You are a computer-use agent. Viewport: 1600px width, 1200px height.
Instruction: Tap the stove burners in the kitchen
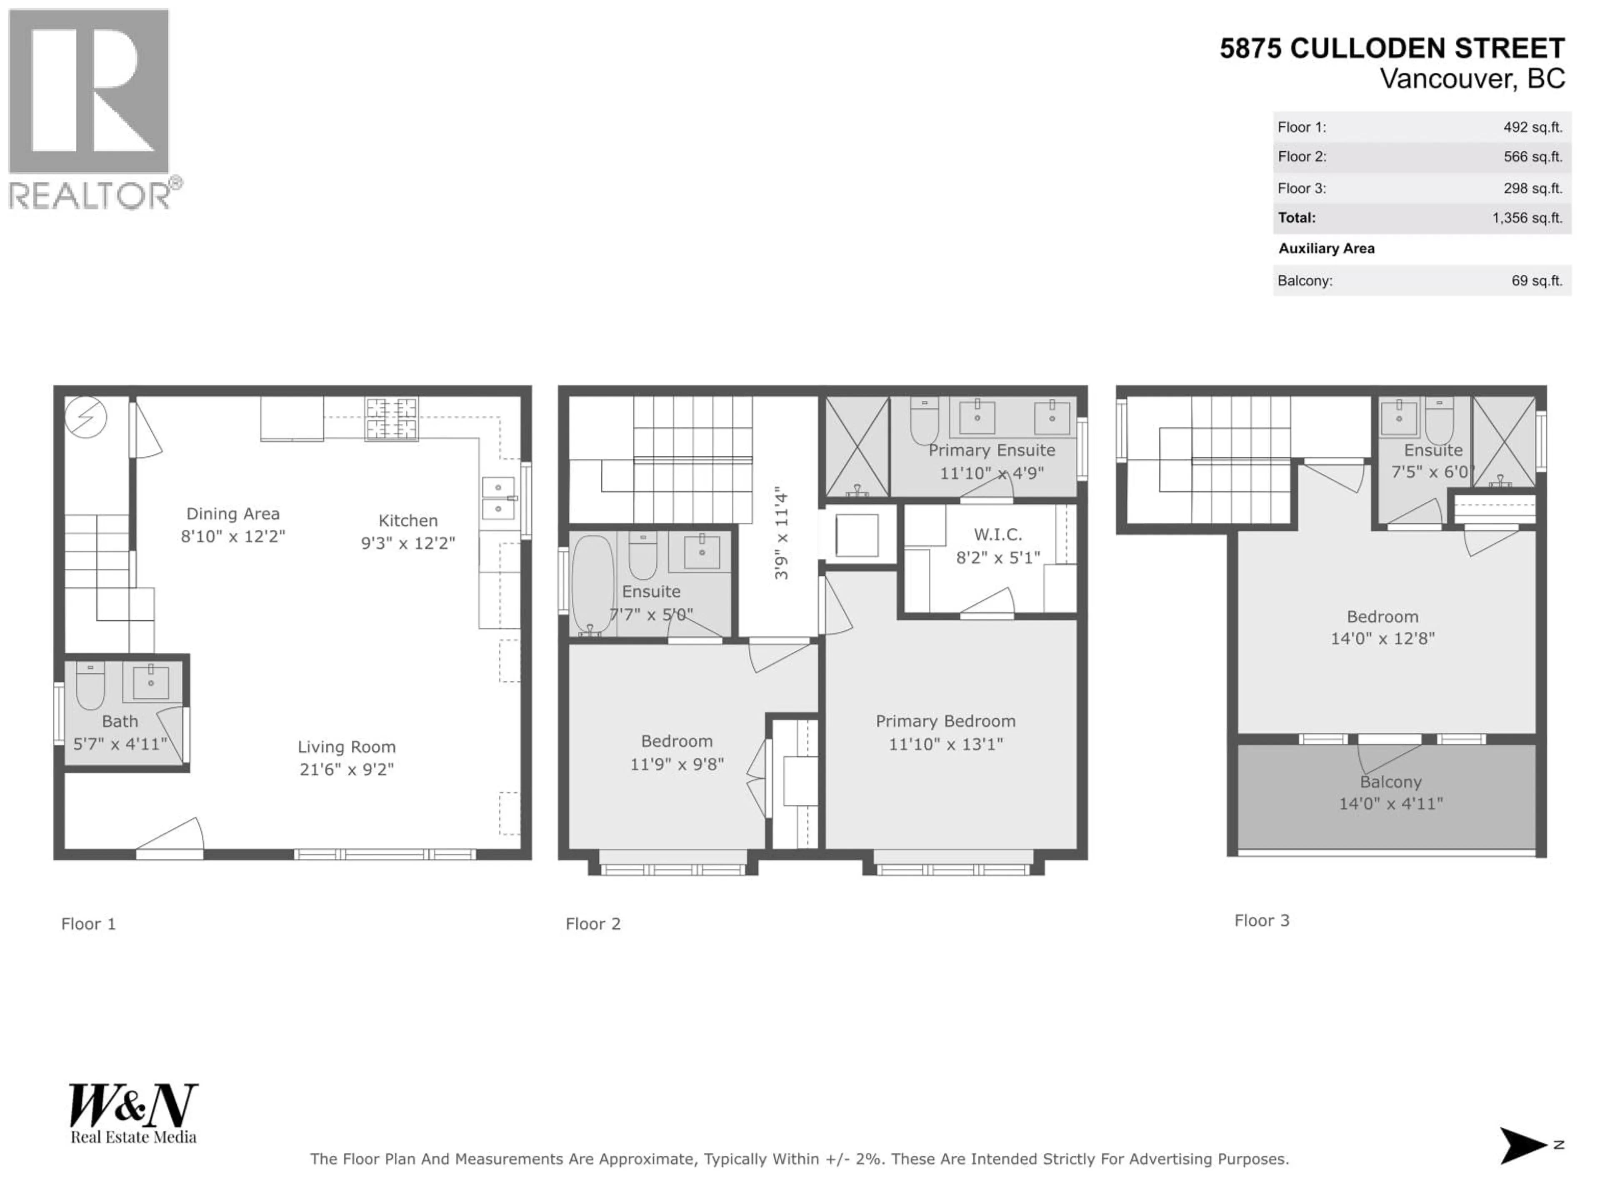pos(391,419)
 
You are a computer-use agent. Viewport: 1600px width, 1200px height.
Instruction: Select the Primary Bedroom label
pos(945,721)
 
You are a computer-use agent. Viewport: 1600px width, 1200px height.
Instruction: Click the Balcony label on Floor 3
pos(1390,782)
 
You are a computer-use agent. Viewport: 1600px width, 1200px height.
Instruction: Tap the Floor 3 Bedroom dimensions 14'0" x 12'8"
pos(1382,638)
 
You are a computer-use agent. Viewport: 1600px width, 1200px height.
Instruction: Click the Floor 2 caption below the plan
pos(592,924)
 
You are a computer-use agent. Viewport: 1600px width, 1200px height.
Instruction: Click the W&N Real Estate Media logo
pos(133,1113)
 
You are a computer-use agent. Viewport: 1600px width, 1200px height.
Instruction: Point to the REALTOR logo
pos(90,108)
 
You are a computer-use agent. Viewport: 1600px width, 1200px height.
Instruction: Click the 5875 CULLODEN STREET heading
pos(1392,48)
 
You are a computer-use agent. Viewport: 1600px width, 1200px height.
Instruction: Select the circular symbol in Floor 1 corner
pos(86,417)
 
